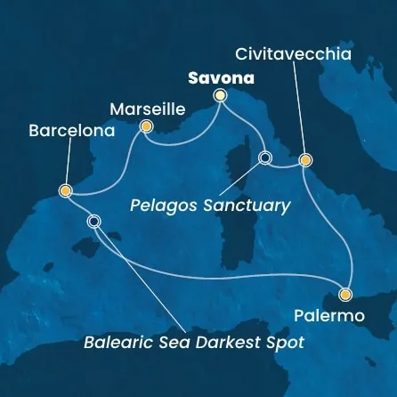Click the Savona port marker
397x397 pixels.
(220, 95)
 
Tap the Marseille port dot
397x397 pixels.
(145, 127)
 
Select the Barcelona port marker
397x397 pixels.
(65, 190)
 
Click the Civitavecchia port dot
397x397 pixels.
(305, 160)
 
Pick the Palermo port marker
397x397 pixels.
(345, 295)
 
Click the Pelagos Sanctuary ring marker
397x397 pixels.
(263, 158)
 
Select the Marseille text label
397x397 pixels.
(146, 109)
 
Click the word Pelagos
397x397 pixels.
(161, 206)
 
